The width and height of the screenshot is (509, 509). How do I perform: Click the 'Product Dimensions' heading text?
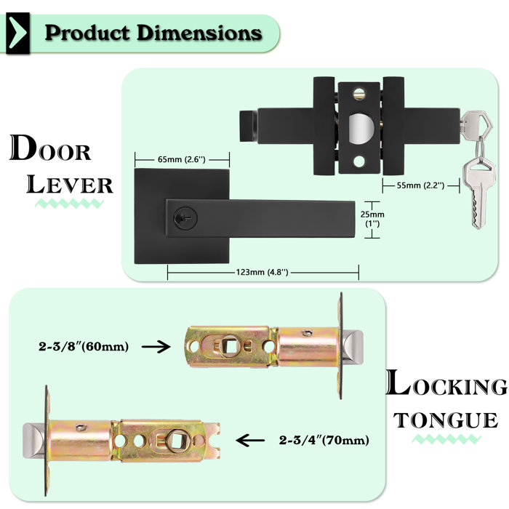(153, 33)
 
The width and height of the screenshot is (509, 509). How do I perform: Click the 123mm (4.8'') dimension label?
(262, 272)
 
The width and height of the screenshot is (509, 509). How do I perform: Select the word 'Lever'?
(70, 184)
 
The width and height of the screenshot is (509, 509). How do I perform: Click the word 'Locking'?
(446, 385)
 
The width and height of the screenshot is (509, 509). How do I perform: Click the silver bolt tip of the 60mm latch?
(352, 348)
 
